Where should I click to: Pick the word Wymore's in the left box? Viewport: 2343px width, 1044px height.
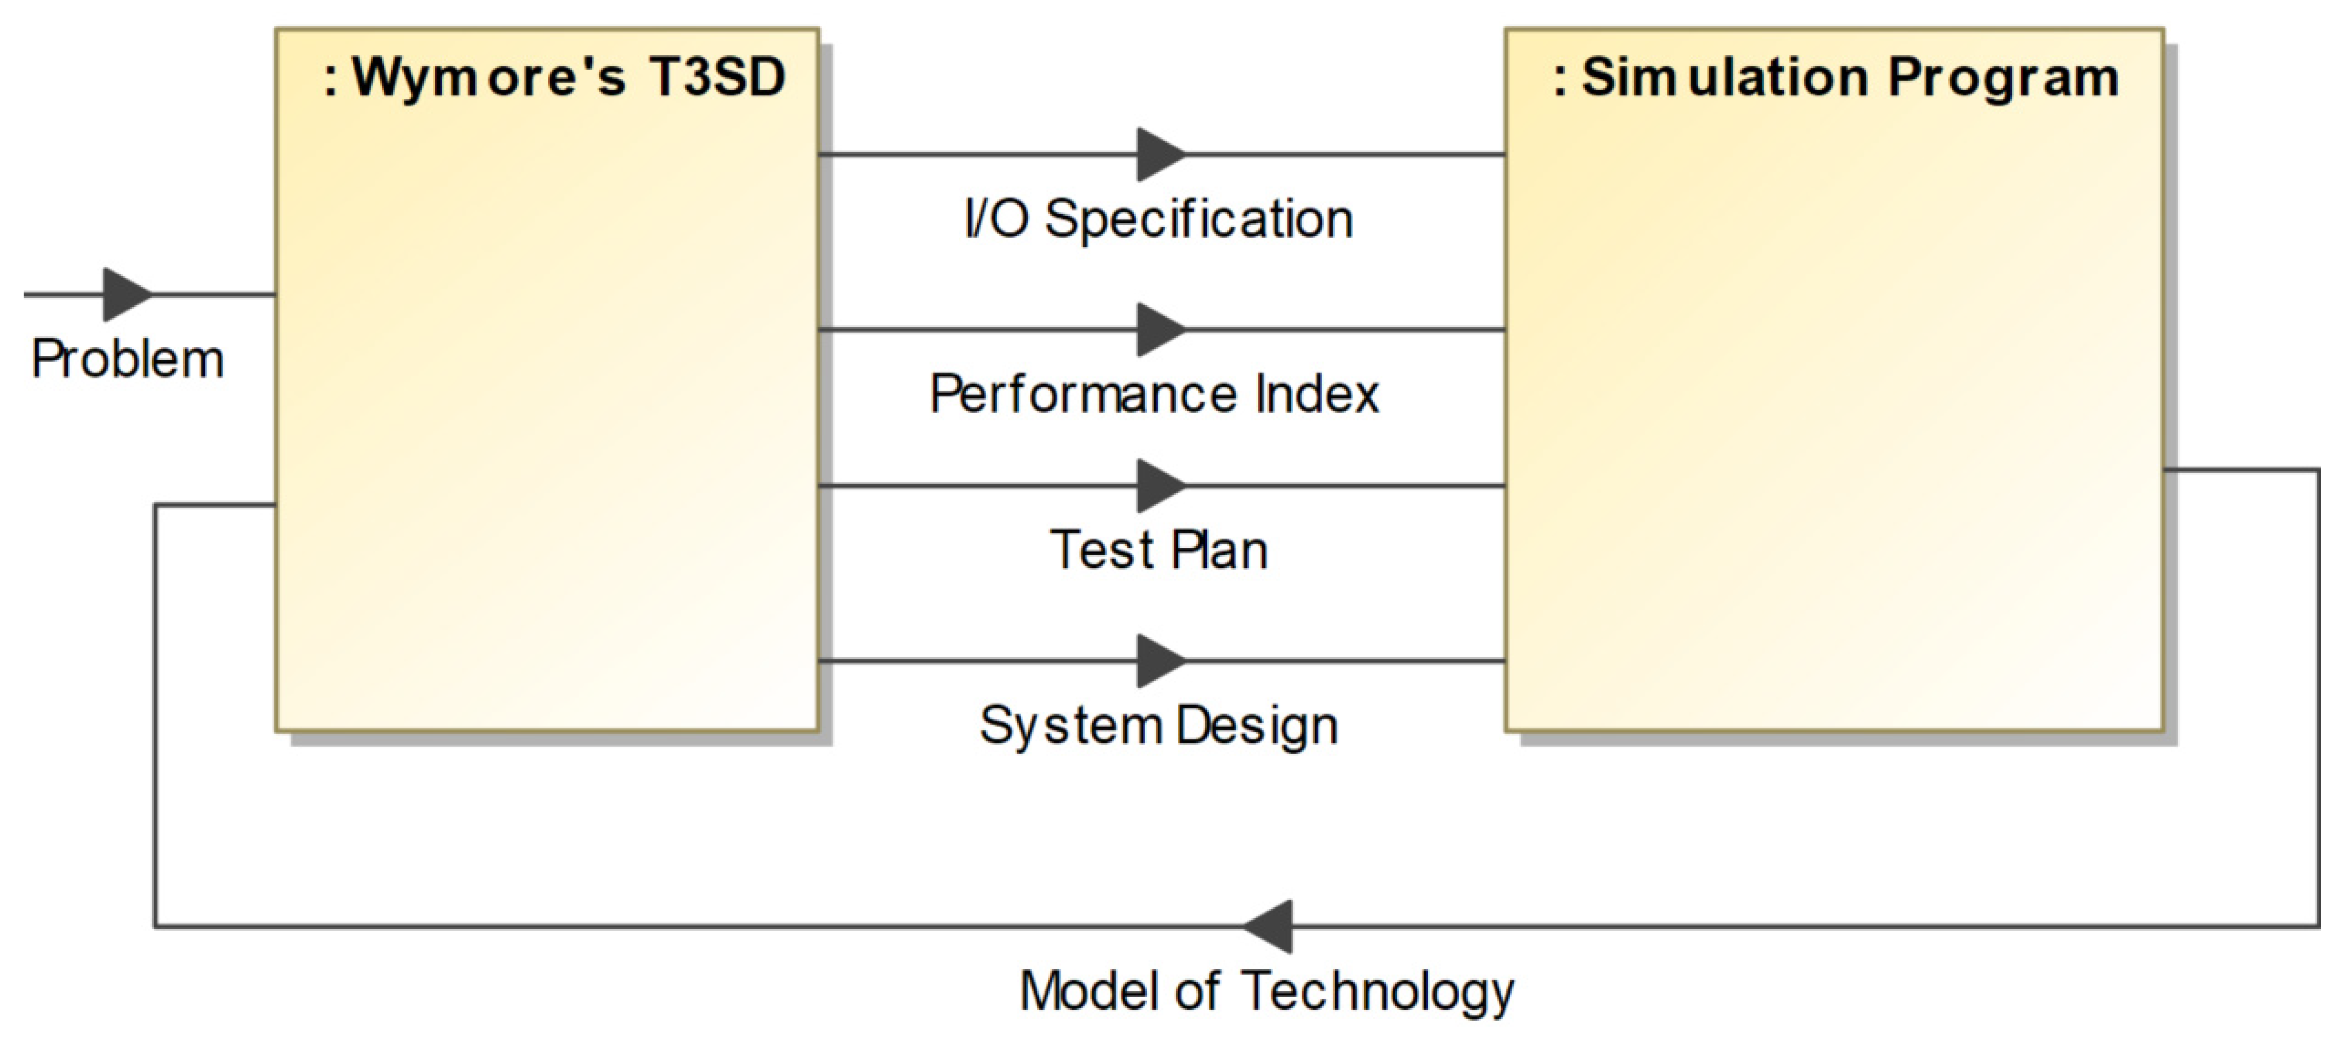pos(489,77)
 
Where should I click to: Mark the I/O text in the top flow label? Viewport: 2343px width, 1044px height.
pos(996,219)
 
